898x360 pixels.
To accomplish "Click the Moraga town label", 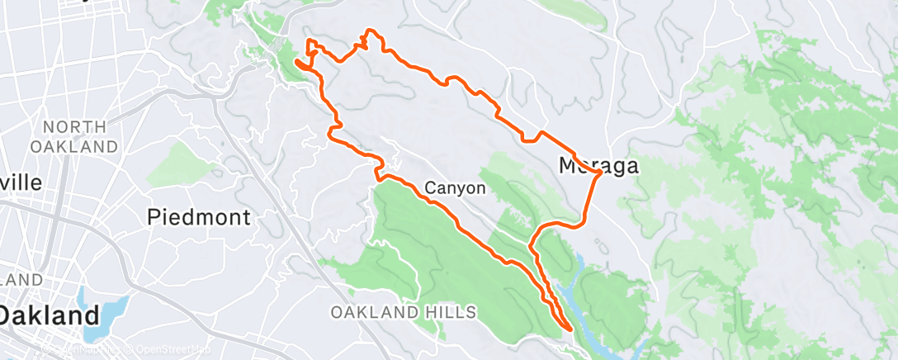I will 598,165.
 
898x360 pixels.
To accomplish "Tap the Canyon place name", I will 454,188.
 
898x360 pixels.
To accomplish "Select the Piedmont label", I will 198,217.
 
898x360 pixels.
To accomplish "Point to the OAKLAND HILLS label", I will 404,312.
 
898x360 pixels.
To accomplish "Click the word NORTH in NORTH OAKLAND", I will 75,127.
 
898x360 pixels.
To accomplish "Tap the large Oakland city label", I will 50,315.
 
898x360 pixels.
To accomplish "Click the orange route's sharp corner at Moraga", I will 598,175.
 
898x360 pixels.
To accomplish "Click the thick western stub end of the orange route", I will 297,61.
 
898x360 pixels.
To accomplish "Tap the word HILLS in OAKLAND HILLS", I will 453,312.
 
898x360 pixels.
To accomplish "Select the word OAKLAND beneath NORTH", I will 75,146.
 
